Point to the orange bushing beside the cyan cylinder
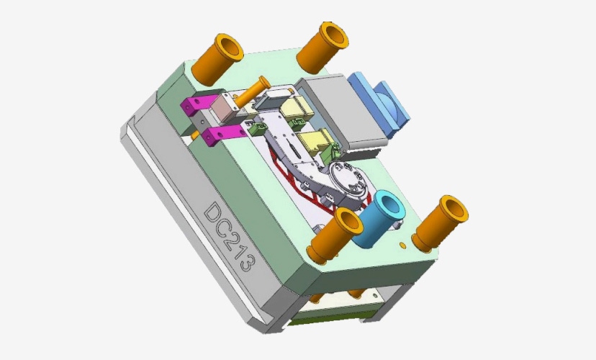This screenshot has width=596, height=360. pos(334,236)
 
